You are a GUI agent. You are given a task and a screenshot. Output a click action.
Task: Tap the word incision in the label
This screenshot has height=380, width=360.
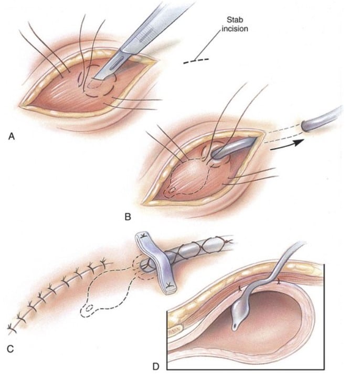coord(235,29)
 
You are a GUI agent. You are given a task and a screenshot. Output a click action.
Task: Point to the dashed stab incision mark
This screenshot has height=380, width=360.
coord(196,61)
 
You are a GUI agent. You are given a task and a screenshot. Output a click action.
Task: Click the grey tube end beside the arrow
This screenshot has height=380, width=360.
coord(320,120)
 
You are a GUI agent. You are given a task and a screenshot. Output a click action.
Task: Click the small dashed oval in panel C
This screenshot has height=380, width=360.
coord(87,309)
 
